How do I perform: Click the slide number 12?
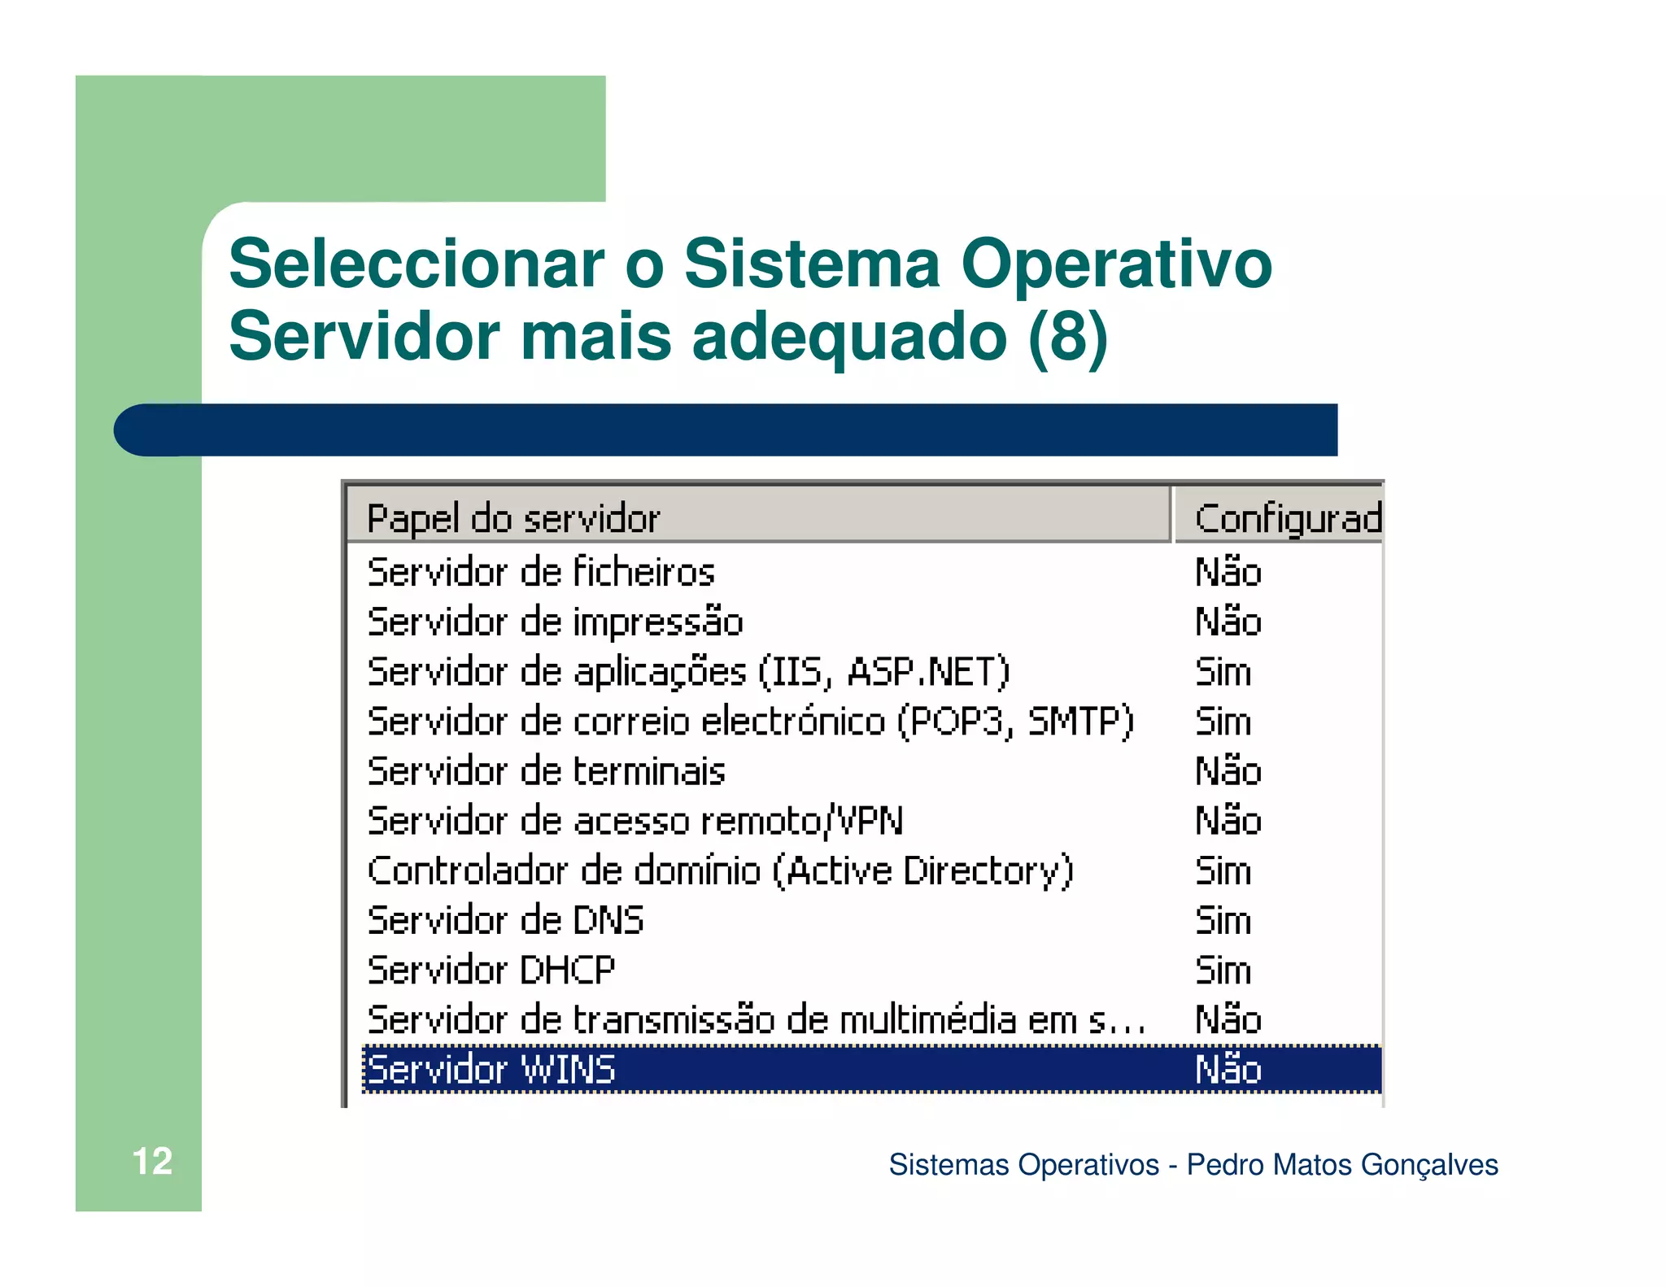coord(152,1161)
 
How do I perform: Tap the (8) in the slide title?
coord(1067,336)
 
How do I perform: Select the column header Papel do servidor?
coord(513,519)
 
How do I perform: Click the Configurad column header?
coord(1288,519)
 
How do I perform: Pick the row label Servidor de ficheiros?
coord(541,572)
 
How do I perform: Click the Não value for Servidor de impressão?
coord(1228,622)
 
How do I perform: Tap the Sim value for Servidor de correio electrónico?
coord(1223,722)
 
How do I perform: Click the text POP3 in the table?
coord(957,722)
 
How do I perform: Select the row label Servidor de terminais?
coord(546,771)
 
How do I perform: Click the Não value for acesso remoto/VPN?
coord(1228,821)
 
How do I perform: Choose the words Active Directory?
coord(922,870)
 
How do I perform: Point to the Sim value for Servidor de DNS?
coord(1223,921)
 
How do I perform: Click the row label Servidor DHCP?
coord(491,971)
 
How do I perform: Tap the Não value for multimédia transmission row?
coord(1228,1020)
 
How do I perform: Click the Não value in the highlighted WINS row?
coord(1228,1070)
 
